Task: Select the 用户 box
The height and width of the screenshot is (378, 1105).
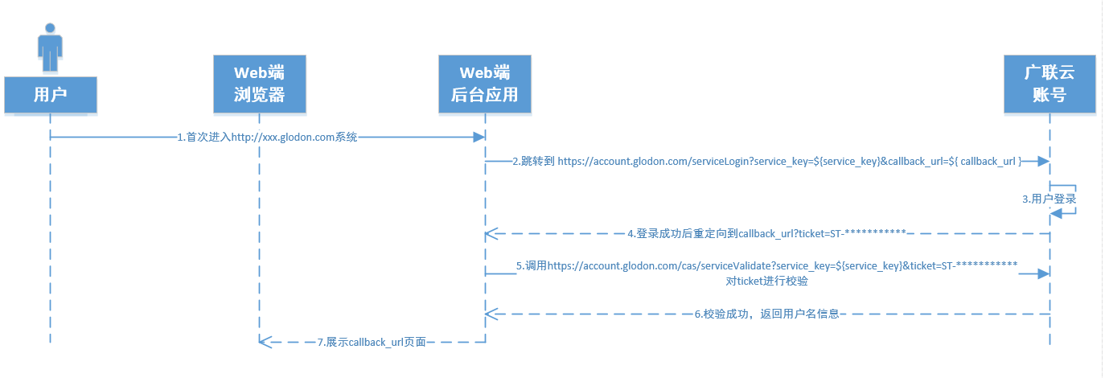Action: (x=50, y=94)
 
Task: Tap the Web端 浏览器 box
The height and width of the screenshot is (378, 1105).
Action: (x=260, y=84)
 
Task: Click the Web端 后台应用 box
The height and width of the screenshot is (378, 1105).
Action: (x=484, y=84)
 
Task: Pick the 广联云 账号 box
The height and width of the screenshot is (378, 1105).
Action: (x=1050, y=84)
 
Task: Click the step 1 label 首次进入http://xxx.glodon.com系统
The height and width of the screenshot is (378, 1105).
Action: (x=267, y=138)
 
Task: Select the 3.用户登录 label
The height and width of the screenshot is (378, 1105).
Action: (x=1049, y=199)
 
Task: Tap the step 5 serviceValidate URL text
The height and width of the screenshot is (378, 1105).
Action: (x=767, y=265)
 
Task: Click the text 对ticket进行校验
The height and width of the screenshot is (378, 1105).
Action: (x=767, y=281)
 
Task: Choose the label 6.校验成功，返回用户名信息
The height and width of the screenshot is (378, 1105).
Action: (x=766, y=314)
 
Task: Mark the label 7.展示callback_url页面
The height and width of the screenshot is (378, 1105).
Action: (x=371, y=342)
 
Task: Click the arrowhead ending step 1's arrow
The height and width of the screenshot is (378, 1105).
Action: (x=479, y=138)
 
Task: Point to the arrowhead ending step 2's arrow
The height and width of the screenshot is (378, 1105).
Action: (x=1044, y=162)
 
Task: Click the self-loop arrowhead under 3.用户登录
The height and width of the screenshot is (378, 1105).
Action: (x=1057, y=212)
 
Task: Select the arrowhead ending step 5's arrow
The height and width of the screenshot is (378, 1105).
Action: (x=1044, y=274)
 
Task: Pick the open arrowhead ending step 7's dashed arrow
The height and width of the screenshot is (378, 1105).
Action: (x=265, y=342)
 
